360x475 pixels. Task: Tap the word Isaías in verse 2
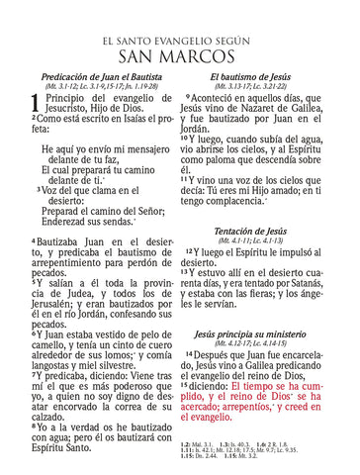coord(124,118)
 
